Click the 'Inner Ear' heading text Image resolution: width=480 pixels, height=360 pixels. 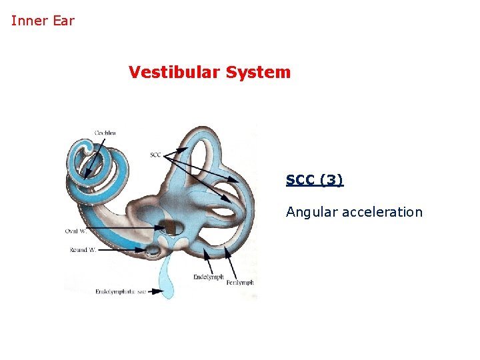pos(43,21)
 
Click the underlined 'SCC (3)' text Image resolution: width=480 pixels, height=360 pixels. pos(315,180)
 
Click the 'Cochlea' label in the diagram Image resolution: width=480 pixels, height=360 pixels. pos(105,133)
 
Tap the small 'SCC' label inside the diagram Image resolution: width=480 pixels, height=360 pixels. pos(155,155)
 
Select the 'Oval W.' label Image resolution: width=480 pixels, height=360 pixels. pos(75,231)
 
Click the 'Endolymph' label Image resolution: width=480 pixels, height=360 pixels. pos(208,277)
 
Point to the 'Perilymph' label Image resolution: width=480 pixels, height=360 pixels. pos(240,283)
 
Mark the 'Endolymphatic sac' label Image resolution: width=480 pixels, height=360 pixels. pos(120,291)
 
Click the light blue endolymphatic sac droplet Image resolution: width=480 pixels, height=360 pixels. pos(166,283)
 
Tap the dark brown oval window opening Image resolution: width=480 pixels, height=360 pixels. pos(174,228)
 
